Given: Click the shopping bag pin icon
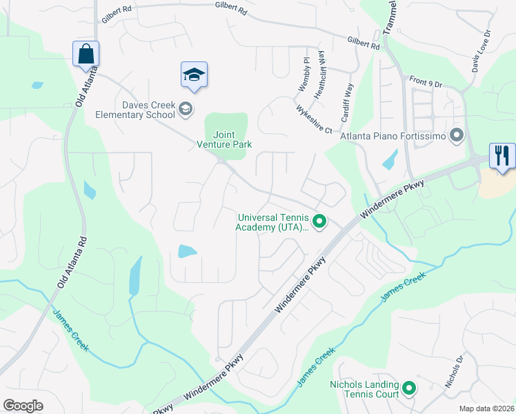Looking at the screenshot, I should pos(86,54).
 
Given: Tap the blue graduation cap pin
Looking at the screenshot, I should pos(194,75).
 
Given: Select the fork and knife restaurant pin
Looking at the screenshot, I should pos(502,155).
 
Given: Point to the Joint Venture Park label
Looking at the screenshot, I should pos(224,139).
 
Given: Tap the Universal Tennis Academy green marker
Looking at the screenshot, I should pos(319,221).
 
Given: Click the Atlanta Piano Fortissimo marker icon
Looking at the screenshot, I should pos(456,135).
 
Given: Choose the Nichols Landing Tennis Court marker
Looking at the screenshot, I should pos(409,389).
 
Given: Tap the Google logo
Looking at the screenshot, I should pos(23,406).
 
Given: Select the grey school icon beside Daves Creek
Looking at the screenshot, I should pos(185,109).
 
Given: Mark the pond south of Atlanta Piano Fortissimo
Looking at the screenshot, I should pos(390,161).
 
